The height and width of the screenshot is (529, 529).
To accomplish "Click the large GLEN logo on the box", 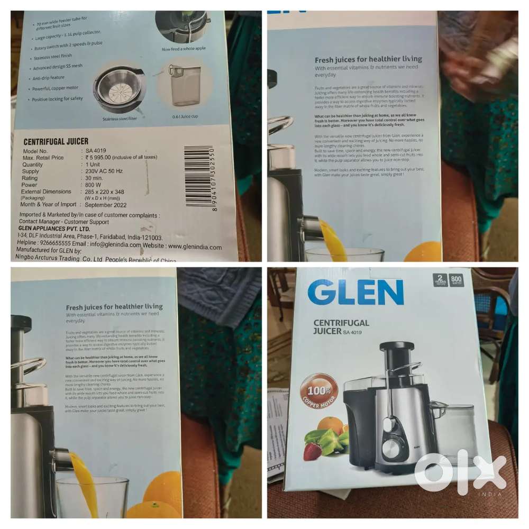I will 355,293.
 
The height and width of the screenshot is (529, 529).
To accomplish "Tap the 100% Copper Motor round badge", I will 319,393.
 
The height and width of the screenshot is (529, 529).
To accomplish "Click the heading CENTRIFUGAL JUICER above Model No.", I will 56,142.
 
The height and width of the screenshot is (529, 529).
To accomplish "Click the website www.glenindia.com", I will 195,247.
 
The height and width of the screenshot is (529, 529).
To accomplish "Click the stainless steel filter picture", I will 119,90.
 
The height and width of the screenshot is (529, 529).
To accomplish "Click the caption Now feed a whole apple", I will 184,49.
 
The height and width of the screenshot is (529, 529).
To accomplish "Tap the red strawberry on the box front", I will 312,451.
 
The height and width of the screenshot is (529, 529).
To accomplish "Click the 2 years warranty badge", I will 440,280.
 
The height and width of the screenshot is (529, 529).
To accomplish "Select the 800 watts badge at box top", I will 457,280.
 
